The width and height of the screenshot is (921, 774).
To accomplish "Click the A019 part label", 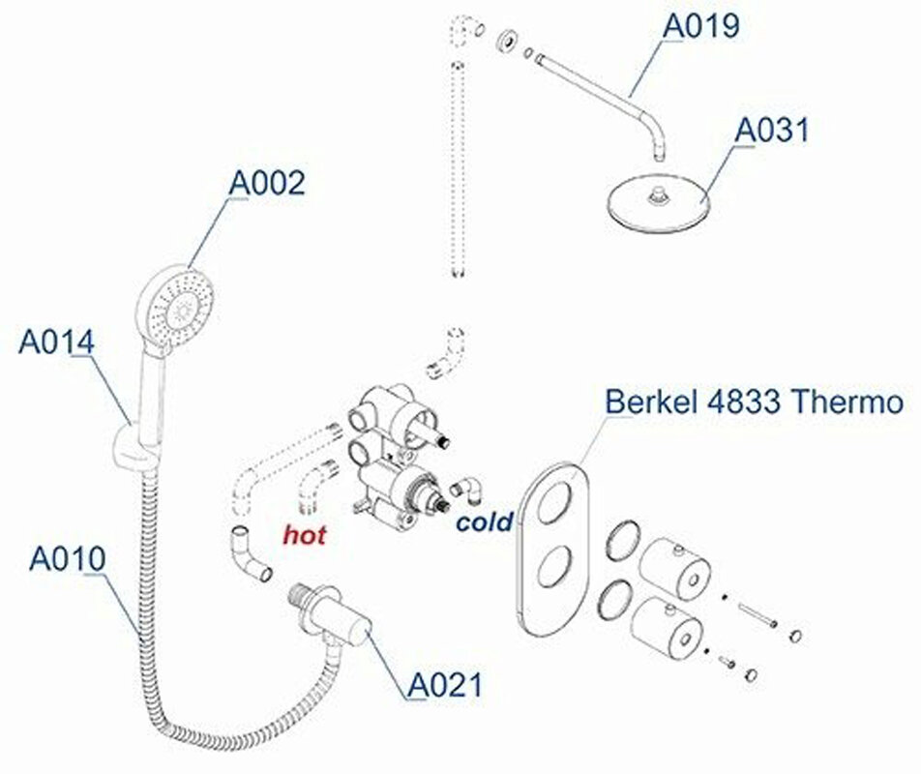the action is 700,26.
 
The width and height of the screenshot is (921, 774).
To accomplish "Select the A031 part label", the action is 772,130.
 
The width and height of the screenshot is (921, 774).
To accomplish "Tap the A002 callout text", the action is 267,183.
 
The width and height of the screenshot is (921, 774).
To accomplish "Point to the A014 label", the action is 56,342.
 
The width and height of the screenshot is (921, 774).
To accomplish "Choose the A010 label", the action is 68,558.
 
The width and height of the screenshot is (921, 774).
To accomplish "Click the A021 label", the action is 445,685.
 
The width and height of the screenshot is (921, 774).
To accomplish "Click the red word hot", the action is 304,535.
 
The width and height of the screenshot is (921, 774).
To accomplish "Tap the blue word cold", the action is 485,521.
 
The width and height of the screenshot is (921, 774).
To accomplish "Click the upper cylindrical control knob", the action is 674,567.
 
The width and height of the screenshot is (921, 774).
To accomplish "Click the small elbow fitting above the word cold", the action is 466,491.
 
